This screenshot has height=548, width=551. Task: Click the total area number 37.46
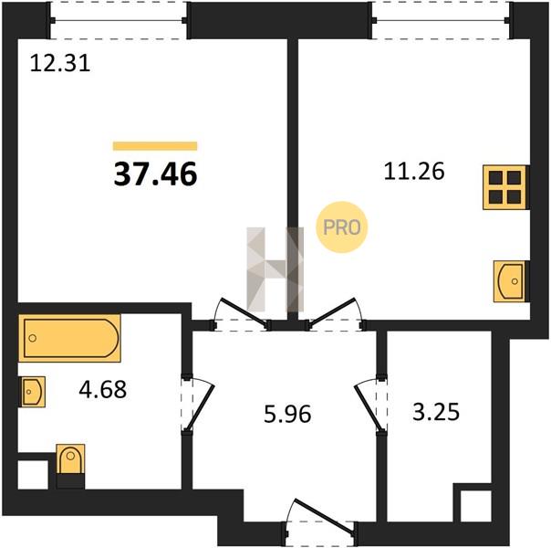pos(155,174)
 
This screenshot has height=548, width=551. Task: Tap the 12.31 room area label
pos(60,64)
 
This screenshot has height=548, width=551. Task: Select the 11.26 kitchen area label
pos(414,172)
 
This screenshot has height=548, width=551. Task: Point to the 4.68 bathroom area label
pos(102,390)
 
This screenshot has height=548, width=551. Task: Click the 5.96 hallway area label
pos(287,414)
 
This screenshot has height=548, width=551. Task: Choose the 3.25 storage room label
pos(436,412)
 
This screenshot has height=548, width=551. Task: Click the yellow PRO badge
pos(342,227)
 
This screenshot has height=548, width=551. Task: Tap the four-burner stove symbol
pos(505,187)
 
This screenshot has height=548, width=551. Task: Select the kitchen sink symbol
pos(511,281)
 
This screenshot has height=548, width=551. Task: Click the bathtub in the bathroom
pos(69,338)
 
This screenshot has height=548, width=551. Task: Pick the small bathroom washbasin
pos(33,392)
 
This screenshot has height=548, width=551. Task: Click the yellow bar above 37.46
pos(155,145)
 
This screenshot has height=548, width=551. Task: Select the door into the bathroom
pos(197,404)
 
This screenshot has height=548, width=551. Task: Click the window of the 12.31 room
pos(119,20)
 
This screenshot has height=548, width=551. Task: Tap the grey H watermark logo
pos(275,269)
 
